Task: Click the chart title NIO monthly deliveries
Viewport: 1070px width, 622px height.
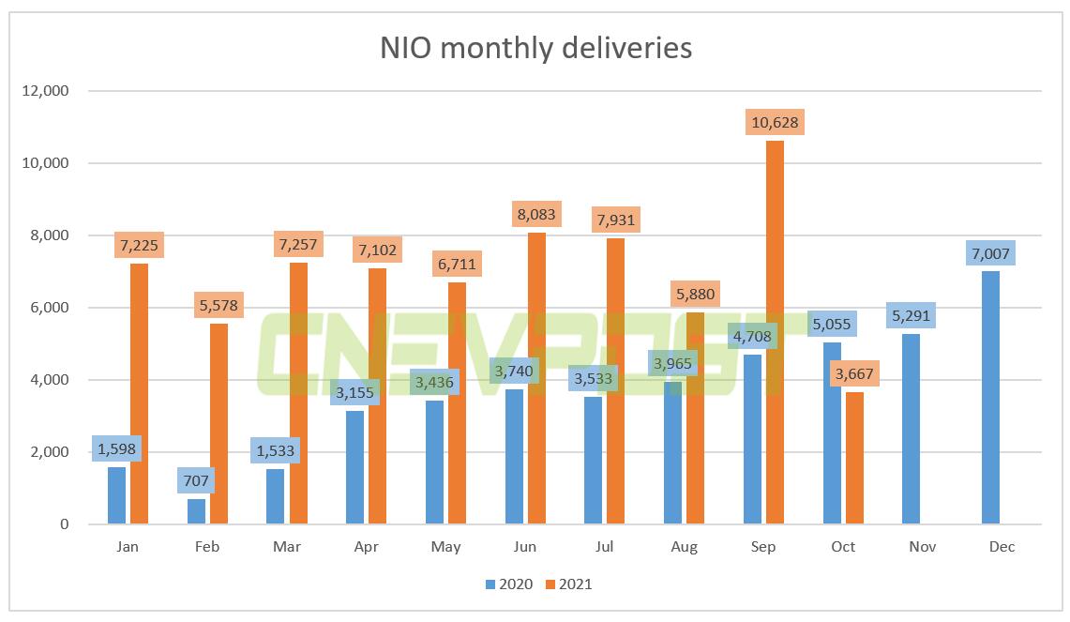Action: pyautogui.click(x=535, y=48)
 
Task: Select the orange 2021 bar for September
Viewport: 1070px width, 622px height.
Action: pyautogui.click(x=775, y=333)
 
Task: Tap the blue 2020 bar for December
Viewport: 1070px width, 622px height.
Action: pyautogui.click(x=990, y=398)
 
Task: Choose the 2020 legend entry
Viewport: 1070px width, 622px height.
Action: pyautogui.click(x=509, y=584)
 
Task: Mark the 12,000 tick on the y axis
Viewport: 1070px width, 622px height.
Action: pyautogui.click(x=47, y=91)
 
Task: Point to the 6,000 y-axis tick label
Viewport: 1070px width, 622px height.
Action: pyautogui.click(x=51, y=308)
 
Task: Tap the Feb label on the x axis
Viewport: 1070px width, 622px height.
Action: pyautogui.click(x=206, y=547)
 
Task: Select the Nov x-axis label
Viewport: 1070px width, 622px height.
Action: pyautogui.click(x=922, y=547)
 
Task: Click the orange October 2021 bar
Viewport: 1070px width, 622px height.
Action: pyautogui.click(x=853, y=458)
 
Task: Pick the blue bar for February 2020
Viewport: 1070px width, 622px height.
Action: pyautogui.click(x=196, y=511)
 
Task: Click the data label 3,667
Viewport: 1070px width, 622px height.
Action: pyautogui.click(x=853, y=373)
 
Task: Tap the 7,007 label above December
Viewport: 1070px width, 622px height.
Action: pyautogui.click(x=990, y=253)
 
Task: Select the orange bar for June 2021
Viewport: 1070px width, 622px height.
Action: pyautogui.click(x=536, y=378)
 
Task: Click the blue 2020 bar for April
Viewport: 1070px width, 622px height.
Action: pyautogui.click(x=354, y=467)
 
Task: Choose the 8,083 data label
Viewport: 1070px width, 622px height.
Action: pyautogui.click(x=536, y=214)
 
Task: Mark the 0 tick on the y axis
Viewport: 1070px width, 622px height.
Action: pyautogui.click(x=65, y=524)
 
